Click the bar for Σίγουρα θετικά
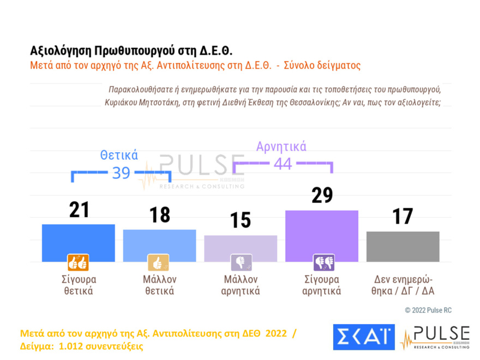78,242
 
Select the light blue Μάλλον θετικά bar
159,245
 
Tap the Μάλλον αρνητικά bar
241,248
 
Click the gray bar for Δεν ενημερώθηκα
403,246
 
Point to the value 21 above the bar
79,209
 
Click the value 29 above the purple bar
322,195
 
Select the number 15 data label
241,220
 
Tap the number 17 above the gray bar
403,217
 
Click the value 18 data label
159,215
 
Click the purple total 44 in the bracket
283,163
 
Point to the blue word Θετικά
119,155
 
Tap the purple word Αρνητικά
281,146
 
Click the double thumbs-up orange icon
78,263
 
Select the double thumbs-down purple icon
323,263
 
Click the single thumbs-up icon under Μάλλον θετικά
159,263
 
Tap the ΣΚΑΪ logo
363,337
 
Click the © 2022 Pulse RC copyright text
428,310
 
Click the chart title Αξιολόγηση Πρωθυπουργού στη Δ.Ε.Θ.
131,51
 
